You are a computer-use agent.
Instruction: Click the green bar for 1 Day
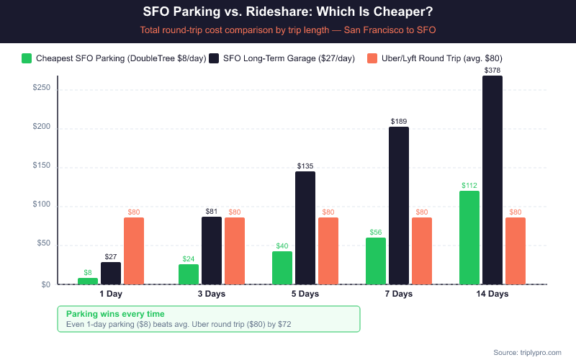[x=88, y=281]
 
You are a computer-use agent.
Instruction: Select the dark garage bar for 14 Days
[x=492, y=180]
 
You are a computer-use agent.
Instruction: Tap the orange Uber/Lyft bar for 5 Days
[x=328, y=251]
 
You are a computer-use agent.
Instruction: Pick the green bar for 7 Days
[x=376, y=261]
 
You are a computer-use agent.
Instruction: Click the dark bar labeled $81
[x=212, y=251]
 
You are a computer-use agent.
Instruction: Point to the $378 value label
[x=492, y=70]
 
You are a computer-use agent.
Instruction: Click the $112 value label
[x=469, y=185]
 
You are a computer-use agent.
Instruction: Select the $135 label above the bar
[x=305, y=166]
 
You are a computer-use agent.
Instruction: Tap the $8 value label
[x=88, y=272]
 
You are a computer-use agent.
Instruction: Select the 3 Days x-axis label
[x=212, y=294]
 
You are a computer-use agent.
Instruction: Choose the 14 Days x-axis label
[x=492, y=294]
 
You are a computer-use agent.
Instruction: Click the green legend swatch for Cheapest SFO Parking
[x=27, y=58]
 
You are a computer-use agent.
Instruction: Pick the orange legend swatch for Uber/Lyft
[x=372, y=58]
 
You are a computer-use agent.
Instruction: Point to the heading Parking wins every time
[x=115, y=314]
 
